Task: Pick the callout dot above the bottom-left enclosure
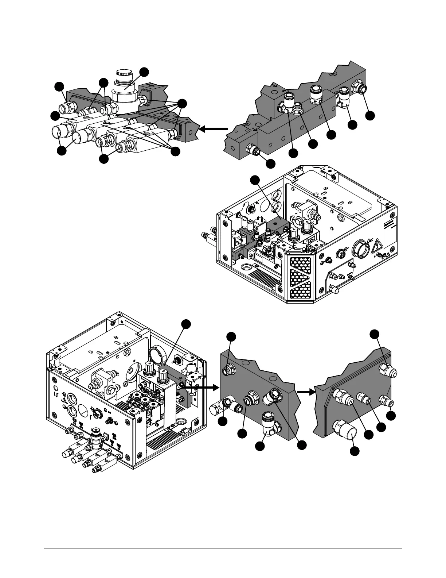point(186,324)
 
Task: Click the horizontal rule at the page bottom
point(223,548)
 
